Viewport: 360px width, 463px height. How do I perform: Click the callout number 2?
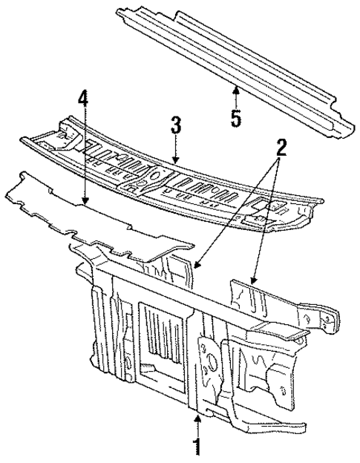[280, 147]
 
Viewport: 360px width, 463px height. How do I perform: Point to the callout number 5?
[235, 116]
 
